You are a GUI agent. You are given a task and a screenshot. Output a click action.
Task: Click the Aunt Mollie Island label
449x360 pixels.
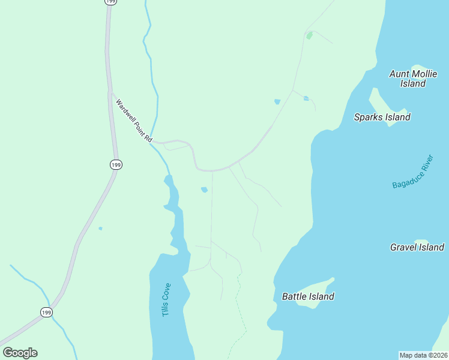coord(408,79)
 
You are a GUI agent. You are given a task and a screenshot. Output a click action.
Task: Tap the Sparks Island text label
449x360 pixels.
coord(382,117)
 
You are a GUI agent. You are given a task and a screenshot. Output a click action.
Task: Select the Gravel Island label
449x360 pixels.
coord(417,247)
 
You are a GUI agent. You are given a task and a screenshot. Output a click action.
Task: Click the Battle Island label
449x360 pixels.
coord(308,296)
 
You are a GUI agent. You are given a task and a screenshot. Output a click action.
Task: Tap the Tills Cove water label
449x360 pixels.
coord(166,299)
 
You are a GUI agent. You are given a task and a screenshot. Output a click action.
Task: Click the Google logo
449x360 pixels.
coord(20,353)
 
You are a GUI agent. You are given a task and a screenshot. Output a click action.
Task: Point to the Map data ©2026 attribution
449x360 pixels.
coord(423,355)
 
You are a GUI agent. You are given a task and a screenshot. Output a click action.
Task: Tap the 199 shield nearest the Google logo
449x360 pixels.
coord(46,312)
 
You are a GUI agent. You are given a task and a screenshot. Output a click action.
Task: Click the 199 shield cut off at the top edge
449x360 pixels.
coord(110,2)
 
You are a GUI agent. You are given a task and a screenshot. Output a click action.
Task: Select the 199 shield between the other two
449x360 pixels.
coord(116,164)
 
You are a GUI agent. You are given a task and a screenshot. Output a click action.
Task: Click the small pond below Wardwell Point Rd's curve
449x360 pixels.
coord(205,190)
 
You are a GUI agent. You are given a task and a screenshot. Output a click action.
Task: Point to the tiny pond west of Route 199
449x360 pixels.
coord(100,228)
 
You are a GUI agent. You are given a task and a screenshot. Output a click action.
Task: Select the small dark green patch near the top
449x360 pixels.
coord(309,36)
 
